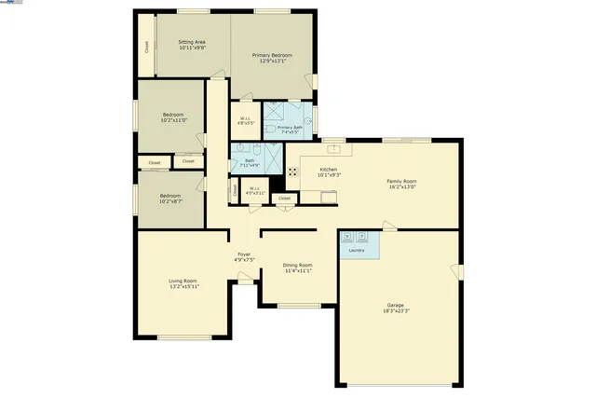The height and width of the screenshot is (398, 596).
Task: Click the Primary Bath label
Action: click(290, 128)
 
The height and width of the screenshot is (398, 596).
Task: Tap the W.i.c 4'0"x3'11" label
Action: click(255, 190)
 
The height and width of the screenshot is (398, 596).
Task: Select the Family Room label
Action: click(401, 182)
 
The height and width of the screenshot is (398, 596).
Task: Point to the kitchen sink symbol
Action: click(330, 196)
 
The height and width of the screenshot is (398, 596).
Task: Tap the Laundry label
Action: click(356, 250)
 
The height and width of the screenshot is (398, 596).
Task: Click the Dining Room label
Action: click(297, 267)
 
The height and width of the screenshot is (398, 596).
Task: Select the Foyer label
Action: click(243, 254)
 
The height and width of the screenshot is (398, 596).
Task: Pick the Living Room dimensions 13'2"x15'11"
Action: click(183, 286)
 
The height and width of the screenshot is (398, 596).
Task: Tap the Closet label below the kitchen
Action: click(285, 198)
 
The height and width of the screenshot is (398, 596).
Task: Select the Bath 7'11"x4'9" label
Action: click(250, 163)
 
